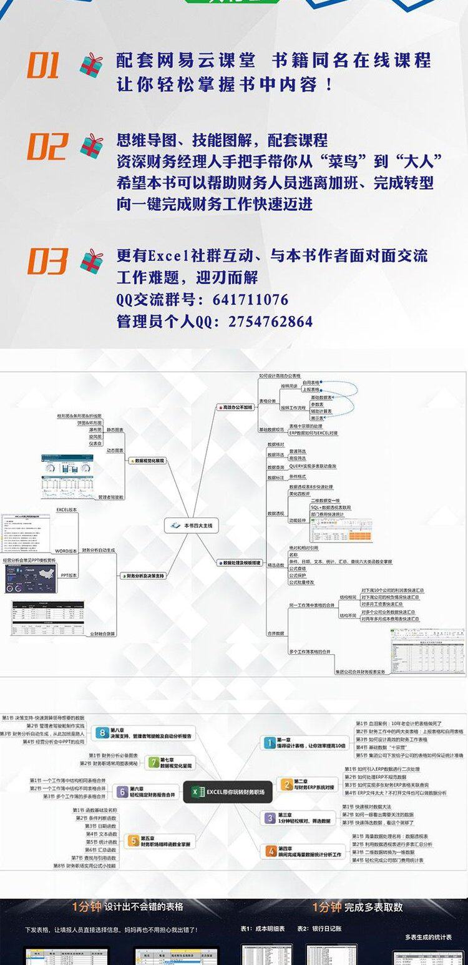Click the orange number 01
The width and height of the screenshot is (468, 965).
point(43,66)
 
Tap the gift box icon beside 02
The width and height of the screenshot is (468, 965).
point(92,146)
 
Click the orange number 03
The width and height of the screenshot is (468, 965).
point(47,261)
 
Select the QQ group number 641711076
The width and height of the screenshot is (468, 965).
point(250,299)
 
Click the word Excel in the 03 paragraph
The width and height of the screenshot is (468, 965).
point(168,255)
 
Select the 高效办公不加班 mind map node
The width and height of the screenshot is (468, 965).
point(234,407)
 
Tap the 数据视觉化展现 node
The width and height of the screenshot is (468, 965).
point(147,461)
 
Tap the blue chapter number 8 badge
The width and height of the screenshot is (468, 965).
point(101,732)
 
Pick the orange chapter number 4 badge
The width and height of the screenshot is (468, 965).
point(270,851)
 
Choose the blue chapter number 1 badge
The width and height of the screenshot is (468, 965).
point(270,742)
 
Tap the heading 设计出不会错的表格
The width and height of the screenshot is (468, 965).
point(143,907)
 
